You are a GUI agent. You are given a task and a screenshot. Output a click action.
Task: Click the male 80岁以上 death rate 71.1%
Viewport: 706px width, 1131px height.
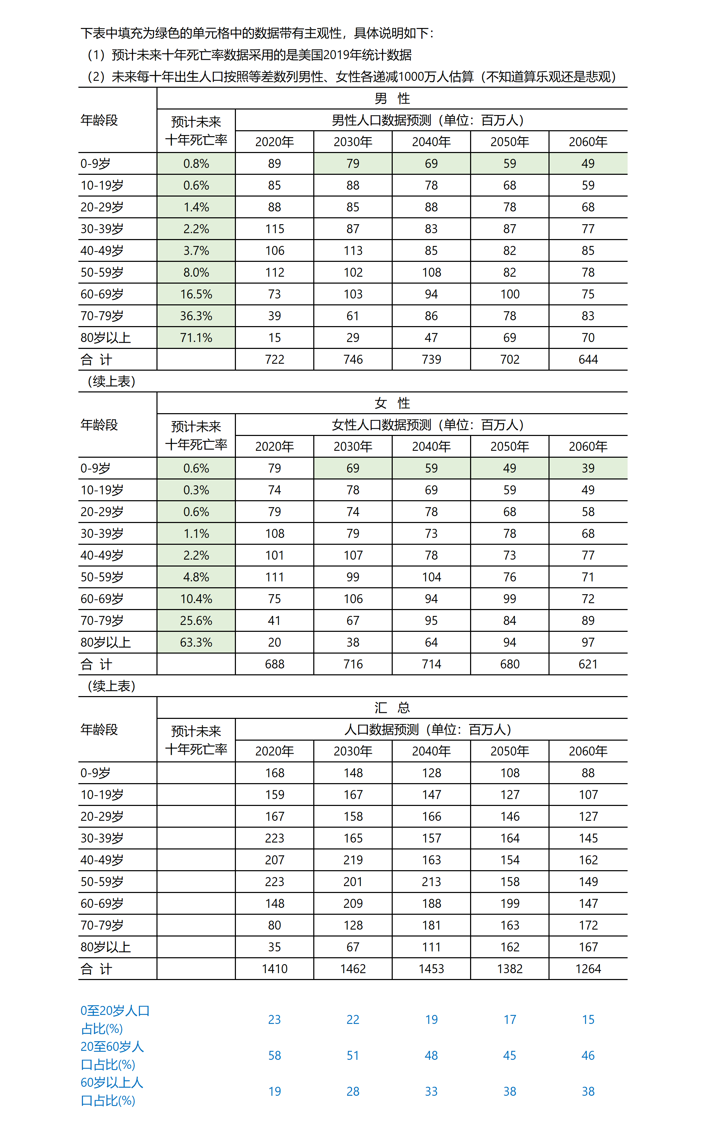tap(196, 338)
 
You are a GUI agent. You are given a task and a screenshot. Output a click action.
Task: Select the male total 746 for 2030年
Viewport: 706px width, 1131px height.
tap(353, 359)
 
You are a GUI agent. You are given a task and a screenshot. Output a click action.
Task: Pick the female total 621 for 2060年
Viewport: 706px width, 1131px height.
tap(588, 664)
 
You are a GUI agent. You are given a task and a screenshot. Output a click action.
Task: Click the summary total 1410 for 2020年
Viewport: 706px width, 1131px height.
tap(275, 969)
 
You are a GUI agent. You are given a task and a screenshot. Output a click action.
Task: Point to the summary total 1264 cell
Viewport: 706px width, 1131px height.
tap(588, 969)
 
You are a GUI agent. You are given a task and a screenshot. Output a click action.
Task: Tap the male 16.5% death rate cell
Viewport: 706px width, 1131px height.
tap(196, 294)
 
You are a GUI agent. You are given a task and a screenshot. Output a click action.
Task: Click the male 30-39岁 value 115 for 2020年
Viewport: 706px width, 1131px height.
tap(275, 229)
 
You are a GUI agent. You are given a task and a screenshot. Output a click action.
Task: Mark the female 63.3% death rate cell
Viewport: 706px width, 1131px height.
tap(196, 642)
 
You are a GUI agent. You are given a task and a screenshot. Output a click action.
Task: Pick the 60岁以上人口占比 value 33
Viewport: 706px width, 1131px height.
tap(431, 1091)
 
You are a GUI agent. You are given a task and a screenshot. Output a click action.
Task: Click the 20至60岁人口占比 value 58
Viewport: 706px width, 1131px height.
tap(275, 1055)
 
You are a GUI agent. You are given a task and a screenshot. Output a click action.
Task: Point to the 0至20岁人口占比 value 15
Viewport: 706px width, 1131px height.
tap(588, 1019)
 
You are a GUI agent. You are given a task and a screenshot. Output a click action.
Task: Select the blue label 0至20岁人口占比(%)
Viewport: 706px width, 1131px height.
tap(114, 1019)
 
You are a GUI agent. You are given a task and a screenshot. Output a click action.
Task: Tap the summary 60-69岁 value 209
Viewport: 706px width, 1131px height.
tap(353, 903)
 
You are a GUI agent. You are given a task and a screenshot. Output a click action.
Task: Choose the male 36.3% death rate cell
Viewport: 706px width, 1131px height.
tap(196, 316)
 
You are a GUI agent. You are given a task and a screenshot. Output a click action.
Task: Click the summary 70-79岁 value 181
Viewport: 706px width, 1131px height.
tap(431, 925)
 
